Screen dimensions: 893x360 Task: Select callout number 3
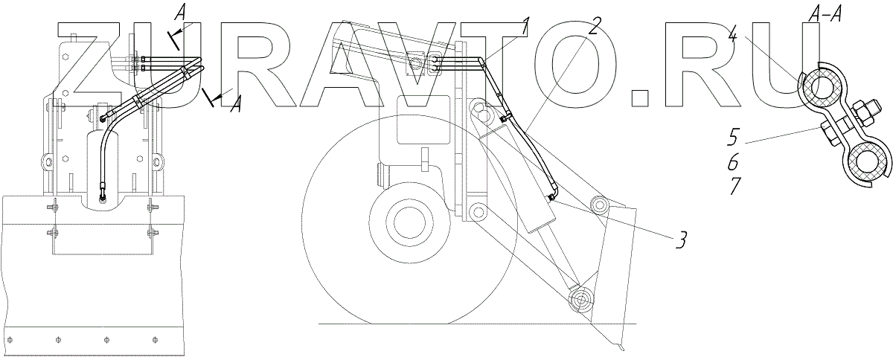pyautogui.click(x=679, y=240)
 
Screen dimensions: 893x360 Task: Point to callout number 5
pyautogui.click(x=734, y=138)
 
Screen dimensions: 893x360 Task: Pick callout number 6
pyautogui.click(x=734, y=161)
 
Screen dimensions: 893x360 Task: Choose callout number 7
pyautogui.click(x=734, y=185)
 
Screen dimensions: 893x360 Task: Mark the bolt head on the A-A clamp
pyautogui.click(x=828, y=135)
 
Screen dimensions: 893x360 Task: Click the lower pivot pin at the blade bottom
pyautogui.click(x=580, y=300)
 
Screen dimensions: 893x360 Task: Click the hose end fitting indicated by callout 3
pyautogui.click(x=551, y=196)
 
